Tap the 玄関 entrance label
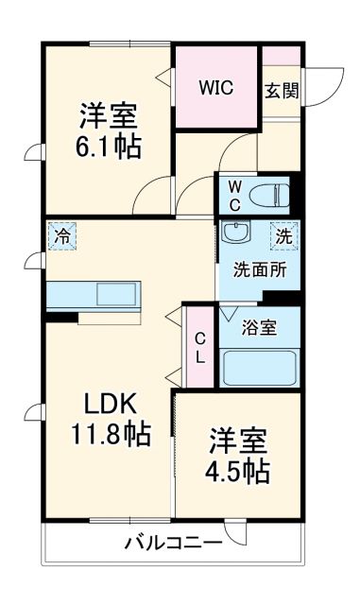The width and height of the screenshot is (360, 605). [x=281, y=91]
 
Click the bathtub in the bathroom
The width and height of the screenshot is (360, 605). [x=260, y=367]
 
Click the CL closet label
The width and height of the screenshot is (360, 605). [x=199, y=348]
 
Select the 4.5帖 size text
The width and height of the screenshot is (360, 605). [x=238, y=471]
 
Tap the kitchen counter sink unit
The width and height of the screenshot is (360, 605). [x=93, y=294]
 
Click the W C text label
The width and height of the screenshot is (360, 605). [x=233, y=194]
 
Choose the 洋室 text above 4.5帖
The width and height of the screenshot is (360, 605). [x=238, y=441]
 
